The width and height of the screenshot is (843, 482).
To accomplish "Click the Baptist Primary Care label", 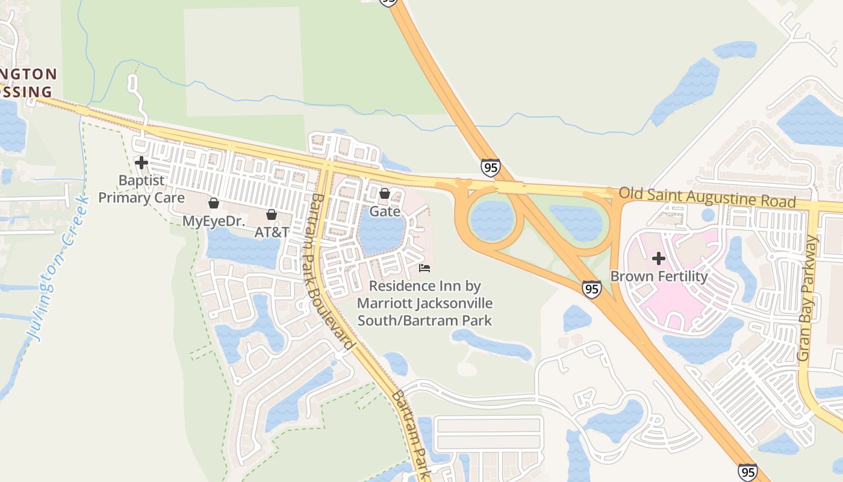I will [142, 189].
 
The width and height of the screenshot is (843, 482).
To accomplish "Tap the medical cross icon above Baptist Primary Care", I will [142, 163].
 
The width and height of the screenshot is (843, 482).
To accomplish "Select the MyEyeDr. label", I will [214, 221].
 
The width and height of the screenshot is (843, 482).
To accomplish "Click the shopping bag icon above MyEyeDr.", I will [214, 203].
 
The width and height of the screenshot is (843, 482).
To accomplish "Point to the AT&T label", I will [272, 232].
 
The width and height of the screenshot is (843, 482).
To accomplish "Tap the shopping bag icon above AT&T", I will [272, 214].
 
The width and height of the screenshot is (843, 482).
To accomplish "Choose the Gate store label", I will [385, 211].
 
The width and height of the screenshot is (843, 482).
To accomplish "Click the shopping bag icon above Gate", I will [385, 193].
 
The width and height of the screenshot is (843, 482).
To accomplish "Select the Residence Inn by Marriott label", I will [425, 302].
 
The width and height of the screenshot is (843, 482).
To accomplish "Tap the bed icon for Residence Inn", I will [425, 268].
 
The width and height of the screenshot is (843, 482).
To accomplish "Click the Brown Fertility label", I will [659, 277].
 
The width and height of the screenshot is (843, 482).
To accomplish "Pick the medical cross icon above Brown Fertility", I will [659, 258].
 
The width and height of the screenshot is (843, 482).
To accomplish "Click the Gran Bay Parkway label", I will [809, 298].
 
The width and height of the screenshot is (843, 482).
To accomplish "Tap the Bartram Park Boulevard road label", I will [331, 271].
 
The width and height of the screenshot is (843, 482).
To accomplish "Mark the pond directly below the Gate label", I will [381, 236].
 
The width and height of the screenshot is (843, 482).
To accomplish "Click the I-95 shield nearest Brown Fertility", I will [592, 289].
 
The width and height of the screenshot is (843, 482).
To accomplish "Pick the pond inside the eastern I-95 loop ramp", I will [577, 222].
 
